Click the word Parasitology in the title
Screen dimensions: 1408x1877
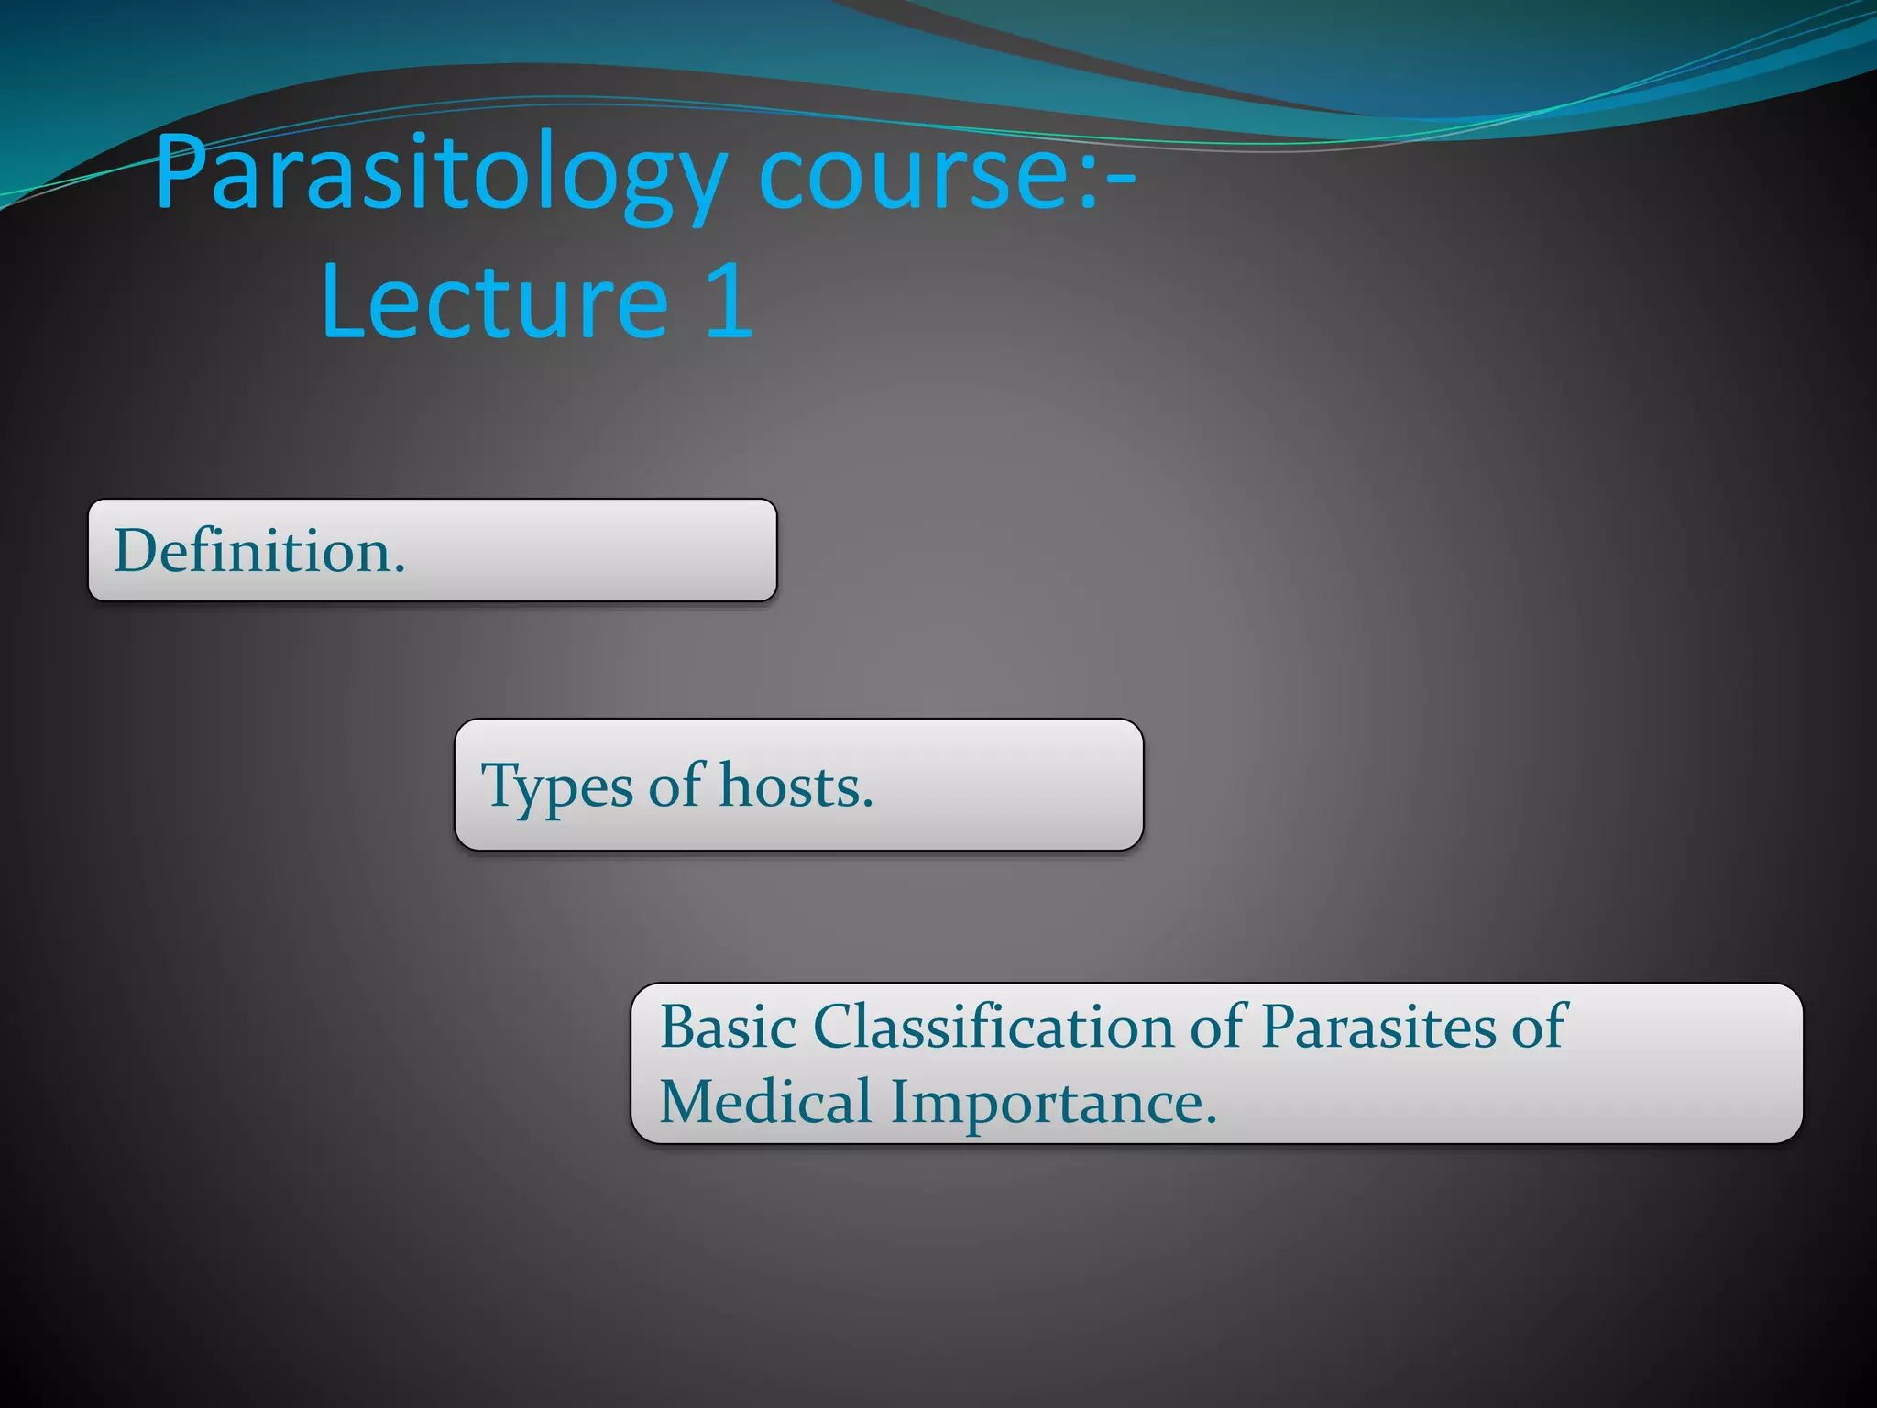tap(440, 174)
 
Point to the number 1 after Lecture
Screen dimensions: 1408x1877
tap(729, 301)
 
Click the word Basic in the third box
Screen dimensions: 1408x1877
tap(728, 1027)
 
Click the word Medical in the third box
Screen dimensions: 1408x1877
tap(765, 1102)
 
